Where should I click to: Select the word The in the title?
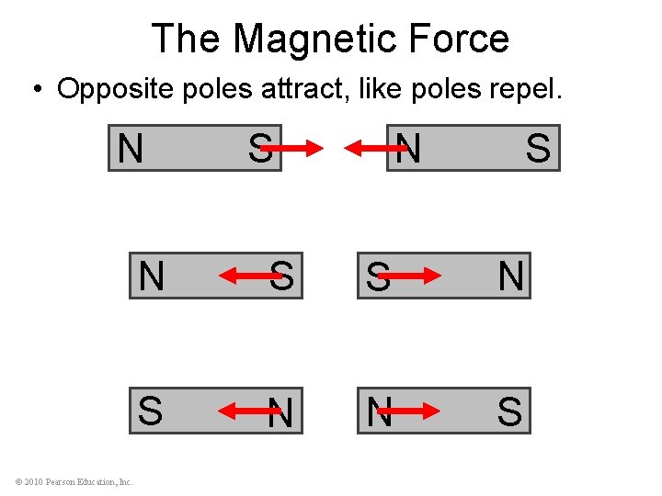(187, 39)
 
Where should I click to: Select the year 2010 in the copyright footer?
(33, 481)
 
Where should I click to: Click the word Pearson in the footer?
(62, 481)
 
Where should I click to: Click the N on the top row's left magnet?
(131, 148)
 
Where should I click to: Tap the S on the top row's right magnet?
(538, 148)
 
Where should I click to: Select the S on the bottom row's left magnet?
(151, 411)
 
